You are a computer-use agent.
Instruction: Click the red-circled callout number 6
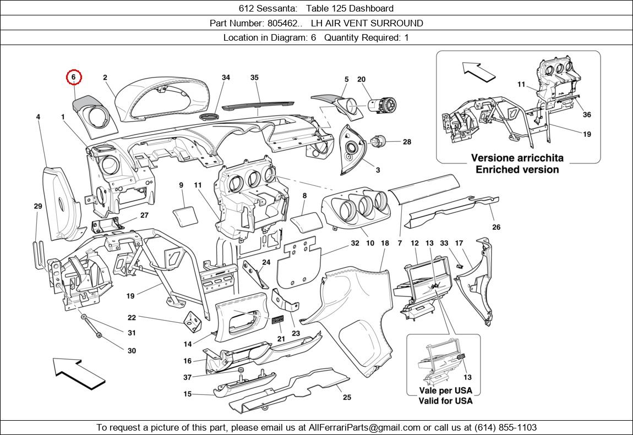point(74,78)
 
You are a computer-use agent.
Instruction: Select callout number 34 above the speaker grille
point(226,78)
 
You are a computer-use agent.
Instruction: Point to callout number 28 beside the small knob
point(407,142)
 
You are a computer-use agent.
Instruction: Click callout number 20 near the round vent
point(361,80)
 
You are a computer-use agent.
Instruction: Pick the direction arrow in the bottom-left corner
point(79,372)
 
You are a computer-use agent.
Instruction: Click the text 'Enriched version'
point(517,169)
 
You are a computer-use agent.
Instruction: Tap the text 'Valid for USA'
point(445,401)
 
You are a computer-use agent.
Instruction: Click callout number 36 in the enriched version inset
point(587,115)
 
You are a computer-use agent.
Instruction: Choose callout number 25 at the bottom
point(347,397)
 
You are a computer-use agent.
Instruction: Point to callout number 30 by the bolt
point(132,351)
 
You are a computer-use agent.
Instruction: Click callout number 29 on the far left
point(37,206)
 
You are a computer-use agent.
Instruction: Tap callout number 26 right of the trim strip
point(496,227)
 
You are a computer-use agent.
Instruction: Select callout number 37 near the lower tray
point(188,377)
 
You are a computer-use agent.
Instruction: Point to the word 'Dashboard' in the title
point(373,8)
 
